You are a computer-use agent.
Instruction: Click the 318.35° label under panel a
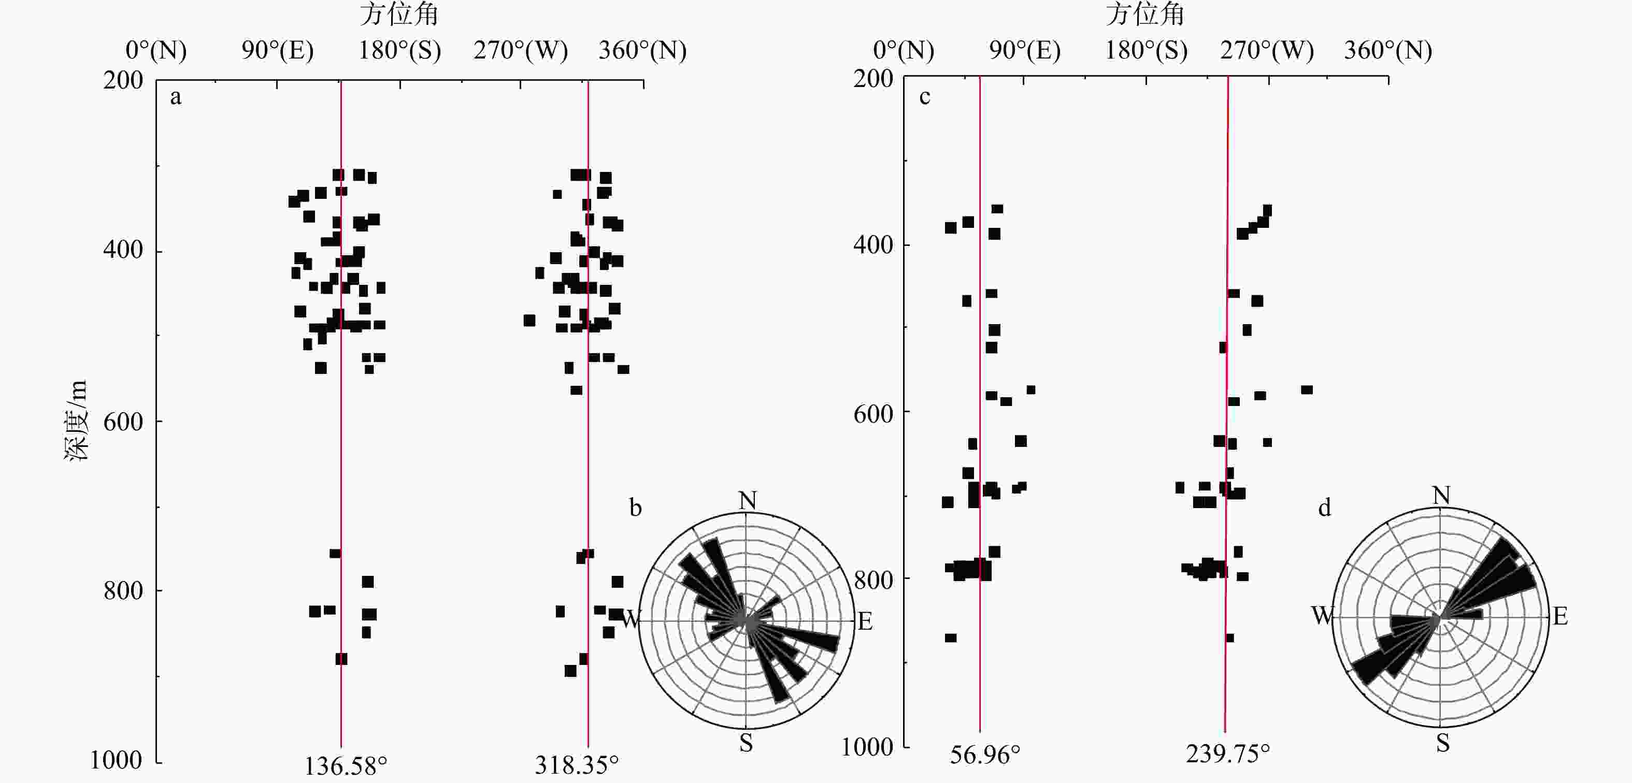click(x=577, y=765)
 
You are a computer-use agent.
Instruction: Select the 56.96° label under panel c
click(x=984, y=755)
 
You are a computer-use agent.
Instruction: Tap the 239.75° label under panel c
click(x=1228, y=754)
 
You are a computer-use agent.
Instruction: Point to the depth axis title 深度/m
click(x=76, y=421)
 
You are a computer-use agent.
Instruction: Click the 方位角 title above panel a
click(x=399, y=14)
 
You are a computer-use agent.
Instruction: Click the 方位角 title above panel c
click(x=1146, y=14)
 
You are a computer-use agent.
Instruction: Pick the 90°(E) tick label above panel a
click(x=278, y=50)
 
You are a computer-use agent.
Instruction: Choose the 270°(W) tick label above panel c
click(x=1267, y=50)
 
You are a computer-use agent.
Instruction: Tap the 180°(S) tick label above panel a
click(x=400, y=50)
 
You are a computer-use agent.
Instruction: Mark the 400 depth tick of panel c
click(x=873, y=244)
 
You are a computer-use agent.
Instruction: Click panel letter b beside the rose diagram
click(x=635, y=508)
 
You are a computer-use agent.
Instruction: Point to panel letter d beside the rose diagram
click(x=1325, y=508)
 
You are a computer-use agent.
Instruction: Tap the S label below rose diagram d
click(x=1442, y=743)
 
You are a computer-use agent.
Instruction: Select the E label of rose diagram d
click(x=1561, y=616)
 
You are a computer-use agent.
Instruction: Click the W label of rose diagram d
click(x=1322, y=615)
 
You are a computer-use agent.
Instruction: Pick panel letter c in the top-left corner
click(x=924, y=97)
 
